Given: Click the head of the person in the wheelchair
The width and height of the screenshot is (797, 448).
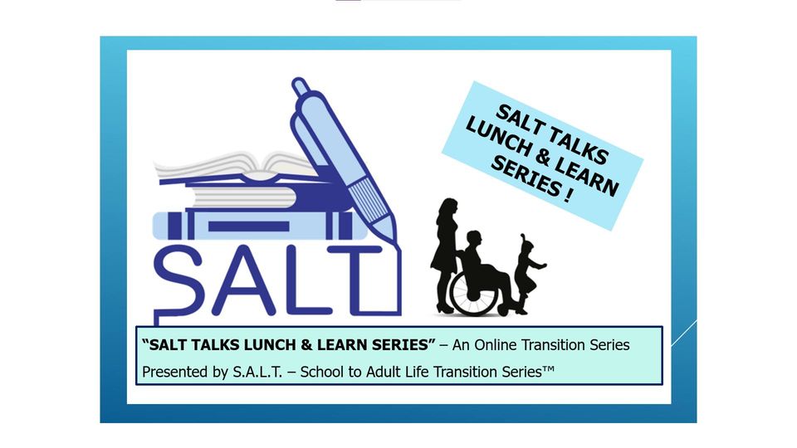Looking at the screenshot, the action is [x=474, y=239].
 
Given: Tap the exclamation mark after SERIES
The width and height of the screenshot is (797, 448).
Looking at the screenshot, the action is [x=567, y=195].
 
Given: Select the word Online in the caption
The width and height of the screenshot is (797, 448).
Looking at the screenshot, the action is [x=496, y=345].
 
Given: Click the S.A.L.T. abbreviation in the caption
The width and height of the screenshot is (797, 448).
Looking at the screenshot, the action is [x=257, y=372].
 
